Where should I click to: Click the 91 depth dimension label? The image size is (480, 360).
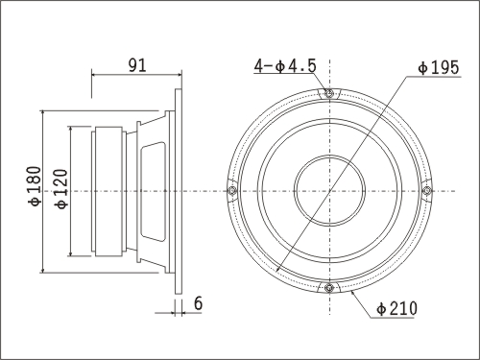tap(137, 65)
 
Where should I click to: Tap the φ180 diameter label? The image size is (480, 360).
tap(35, 186)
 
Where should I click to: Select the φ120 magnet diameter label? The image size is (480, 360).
tap(61, 189)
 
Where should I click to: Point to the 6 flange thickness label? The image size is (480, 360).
tap(199, 303)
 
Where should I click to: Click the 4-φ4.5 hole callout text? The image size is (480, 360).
tap(285, 66)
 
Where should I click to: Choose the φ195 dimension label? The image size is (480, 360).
tap(439, 67)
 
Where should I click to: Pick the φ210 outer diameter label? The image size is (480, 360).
tap(397, 308)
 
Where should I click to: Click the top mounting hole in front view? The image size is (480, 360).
tap(329, 93)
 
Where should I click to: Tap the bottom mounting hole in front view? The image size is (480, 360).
tap(329, 288)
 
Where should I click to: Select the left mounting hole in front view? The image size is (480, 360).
tap(232, 191)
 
